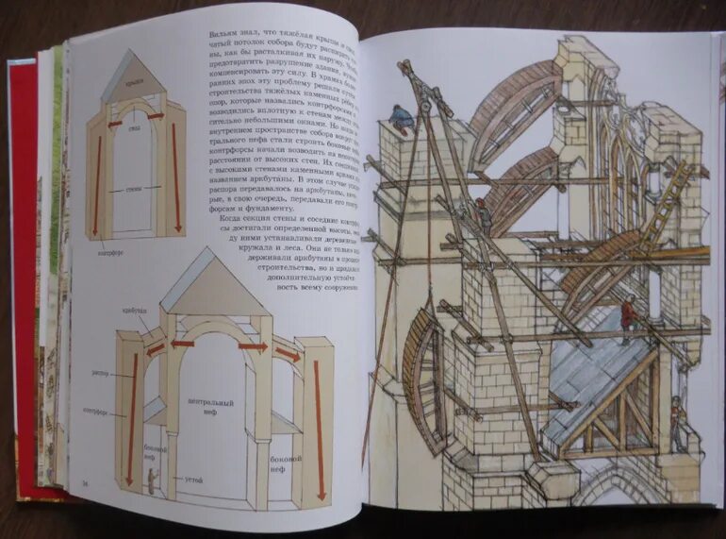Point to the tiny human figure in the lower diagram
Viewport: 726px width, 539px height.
(151, 476)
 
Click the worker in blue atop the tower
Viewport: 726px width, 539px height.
(404, 117)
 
